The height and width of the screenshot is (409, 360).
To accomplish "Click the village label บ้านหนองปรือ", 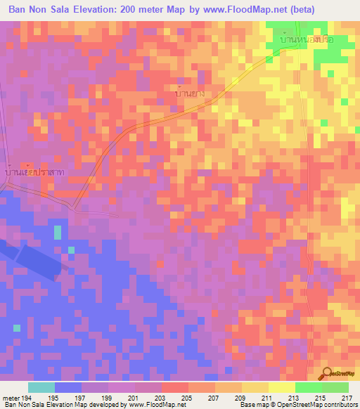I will [x=306, y=40].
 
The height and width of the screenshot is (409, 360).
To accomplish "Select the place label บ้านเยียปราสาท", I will [x=34, y=172].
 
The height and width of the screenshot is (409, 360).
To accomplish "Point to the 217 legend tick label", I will [x=347, y=397].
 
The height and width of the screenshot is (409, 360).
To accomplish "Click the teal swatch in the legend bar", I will [x=41, y=387].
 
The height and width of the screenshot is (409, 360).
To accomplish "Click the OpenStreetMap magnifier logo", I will [x=326, y=373].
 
